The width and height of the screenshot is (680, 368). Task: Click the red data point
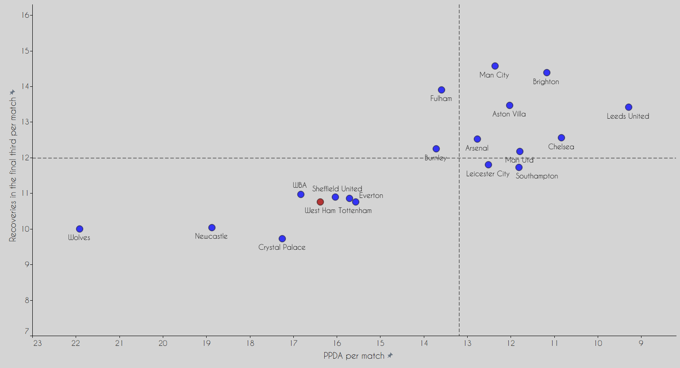[x=320, y=202]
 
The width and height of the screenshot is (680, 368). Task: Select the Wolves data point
[x=80, y=229]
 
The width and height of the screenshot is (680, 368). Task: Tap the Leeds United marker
[x=629, y=107]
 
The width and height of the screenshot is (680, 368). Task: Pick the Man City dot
[x=495, y=66]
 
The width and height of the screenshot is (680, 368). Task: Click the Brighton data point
[x=547, y=73]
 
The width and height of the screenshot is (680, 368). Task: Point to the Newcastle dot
[x=212, y=228]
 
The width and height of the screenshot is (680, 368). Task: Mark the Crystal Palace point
[x=282, y=239]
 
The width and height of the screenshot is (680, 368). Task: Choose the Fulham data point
[x=442, y=90]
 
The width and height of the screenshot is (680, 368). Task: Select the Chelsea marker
[x=561, y=138]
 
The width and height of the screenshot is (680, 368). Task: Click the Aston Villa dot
[x=510, y=105]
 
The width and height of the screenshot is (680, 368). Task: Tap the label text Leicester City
[x=488, y=174]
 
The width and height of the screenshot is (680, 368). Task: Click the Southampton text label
[x=537, y=176]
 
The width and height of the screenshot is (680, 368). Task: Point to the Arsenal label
[x=477, y=148]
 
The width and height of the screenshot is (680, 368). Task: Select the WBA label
[x=300, y=185]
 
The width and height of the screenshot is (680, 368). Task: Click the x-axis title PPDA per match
[x=354, y=356]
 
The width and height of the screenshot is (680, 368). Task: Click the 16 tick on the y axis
[x=25, y=15]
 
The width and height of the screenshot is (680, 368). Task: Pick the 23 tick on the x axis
[x=37, y=343]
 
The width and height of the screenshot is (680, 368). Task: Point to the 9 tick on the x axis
[x=641, y=343]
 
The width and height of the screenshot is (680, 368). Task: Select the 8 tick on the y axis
[x=27, y=300]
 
